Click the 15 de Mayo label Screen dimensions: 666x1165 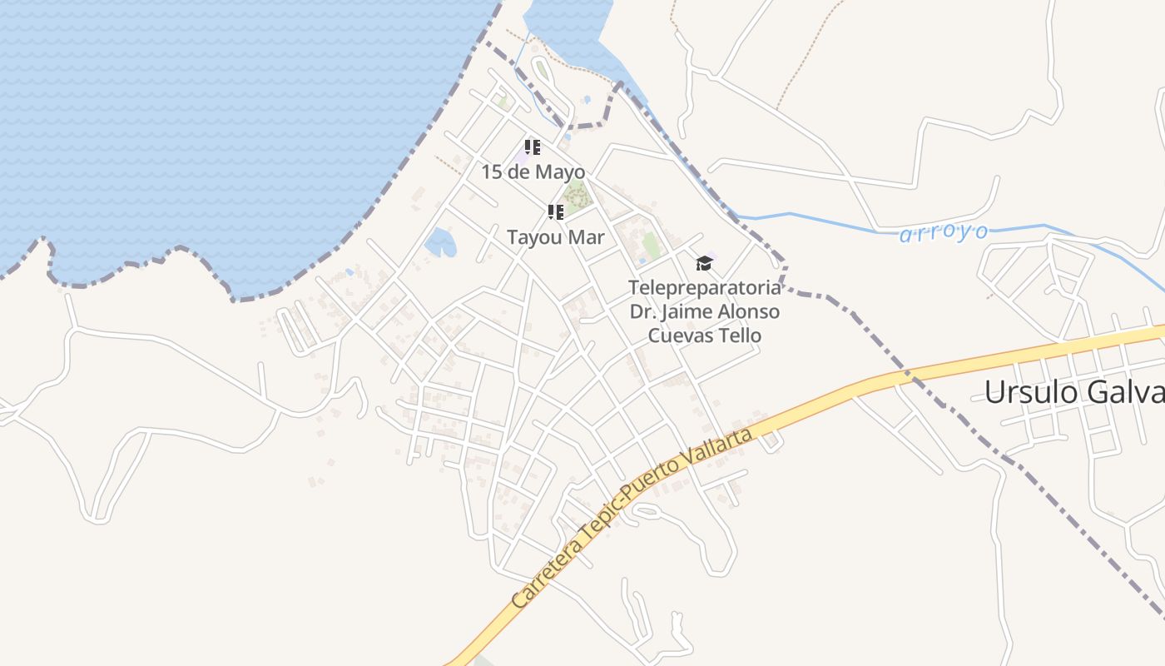pyautogui.click(x=533, y=172)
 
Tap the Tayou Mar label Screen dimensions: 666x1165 pyautogui.click(x=555, y=237)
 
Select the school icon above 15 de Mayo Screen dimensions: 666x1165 pyautogui.click(x=533, y=147)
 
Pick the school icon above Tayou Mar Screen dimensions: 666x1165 pyautogui.click(x=556, y=212)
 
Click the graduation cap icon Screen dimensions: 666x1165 pyautogui.click(x=704, y=263)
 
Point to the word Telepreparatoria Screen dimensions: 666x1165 pyautogui.click(x=704, y=288)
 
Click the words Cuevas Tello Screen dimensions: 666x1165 pyautogui.click(x=704, y=335)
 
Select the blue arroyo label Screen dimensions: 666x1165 pyautogui.click(x=944, y=233)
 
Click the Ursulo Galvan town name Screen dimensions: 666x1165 pyautogui.click(x=1073, y=392)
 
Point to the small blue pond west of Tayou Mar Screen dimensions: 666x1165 pyautogui.click(x=440, y=243)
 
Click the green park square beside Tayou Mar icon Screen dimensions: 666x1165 pyautogui.click(x=575, y=197)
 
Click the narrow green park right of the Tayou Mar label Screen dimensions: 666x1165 pyautogui.click(x=651, y=245)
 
